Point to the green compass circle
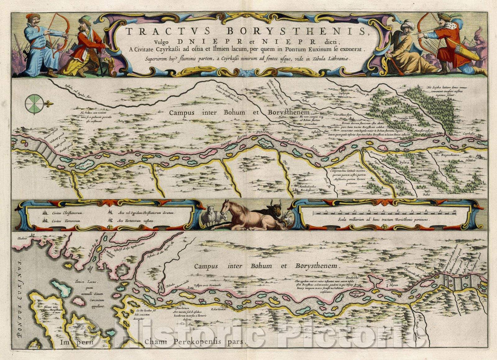(x=35, y=104)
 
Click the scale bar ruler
(x=384, y=213)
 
